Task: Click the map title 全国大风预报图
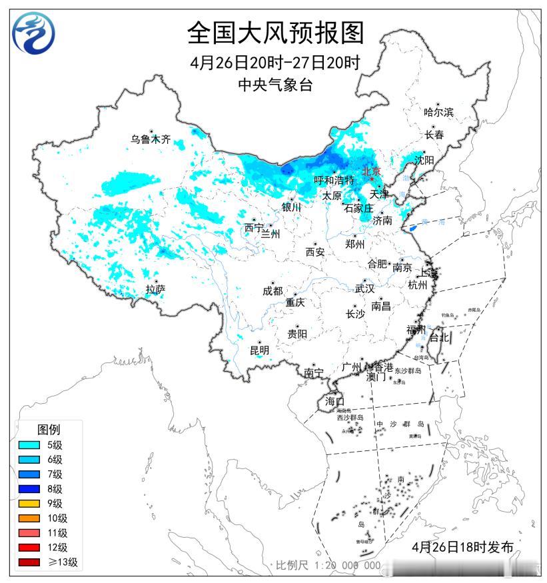point(275,32)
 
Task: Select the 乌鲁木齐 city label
point(151,140)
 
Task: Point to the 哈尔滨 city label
point(438,113)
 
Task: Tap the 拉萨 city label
point(155,289)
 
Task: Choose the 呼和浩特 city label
point(334,181)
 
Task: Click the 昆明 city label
point(259,350)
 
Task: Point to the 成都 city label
point(273,291)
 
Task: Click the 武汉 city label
point(364,289)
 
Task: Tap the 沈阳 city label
point(424,161)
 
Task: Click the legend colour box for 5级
point(29,445)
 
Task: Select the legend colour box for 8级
point(29,489)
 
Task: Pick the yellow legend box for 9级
point(29,504)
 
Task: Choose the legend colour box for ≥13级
point(29,562)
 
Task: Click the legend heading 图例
point(48,429)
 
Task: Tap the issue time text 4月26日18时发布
point(462,548)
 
